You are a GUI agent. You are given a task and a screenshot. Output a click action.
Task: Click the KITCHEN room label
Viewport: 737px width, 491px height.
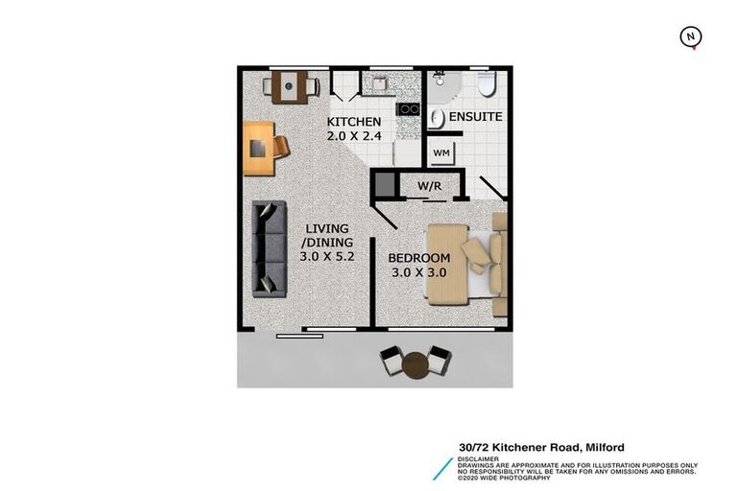354,123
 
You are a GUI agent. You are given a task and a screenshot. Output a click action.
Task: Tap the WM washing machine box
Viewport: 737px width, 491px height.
441,152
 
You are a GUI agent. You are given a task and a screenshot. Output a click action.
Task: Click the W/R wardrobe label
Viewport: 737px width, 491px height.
428,185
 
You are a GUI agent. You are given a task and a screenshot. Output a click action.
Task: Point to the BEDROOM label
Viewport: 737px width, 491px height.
419,259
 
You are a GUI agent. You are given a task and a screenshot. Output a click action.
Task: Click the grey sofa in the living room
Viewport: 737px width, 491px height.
269,247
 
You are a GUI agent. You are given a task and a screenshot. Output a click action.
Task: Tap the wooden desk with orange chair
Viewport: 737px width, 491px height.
263,148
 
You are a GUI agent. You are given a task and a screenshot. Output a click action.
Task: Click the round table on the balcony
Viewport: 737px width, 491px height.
416,364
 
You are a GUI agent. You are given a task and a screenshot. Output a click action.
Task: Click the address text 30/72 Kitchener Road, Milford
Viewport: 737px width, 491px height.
541,448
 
